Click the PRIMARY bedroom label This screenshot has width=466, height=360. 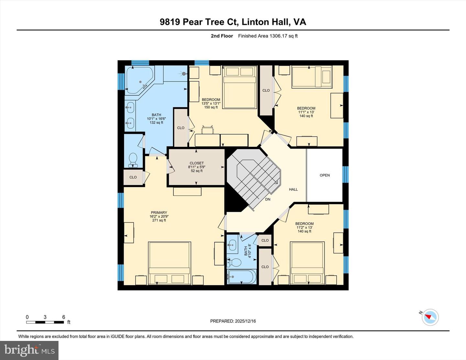[159, 216]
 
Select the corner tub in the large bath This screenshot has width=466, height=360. [139, 80]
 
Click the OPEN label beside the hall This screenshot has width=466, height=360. [325, 175]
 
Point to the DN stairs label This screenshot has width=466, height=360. [268, 199]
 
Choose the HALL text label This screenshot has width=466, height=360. [293, 189]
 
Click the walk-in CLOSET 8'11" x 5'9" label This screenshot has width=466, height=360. [197, 167]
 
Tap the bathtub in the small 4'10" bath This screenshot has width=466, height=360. [241, 277]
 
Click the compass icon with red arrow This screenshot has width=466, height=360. [430, 317]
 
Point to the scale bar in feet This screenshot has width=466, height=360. [45, 322]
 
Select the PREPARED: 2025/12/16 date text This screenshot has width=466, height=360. [233, 321]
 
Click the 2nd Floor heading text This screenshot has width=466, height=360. [222, 36]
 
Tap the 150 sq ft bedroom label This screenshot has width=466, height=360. [211, 104]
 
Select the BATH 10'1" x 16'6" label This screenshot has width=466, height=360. [156, 119]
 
